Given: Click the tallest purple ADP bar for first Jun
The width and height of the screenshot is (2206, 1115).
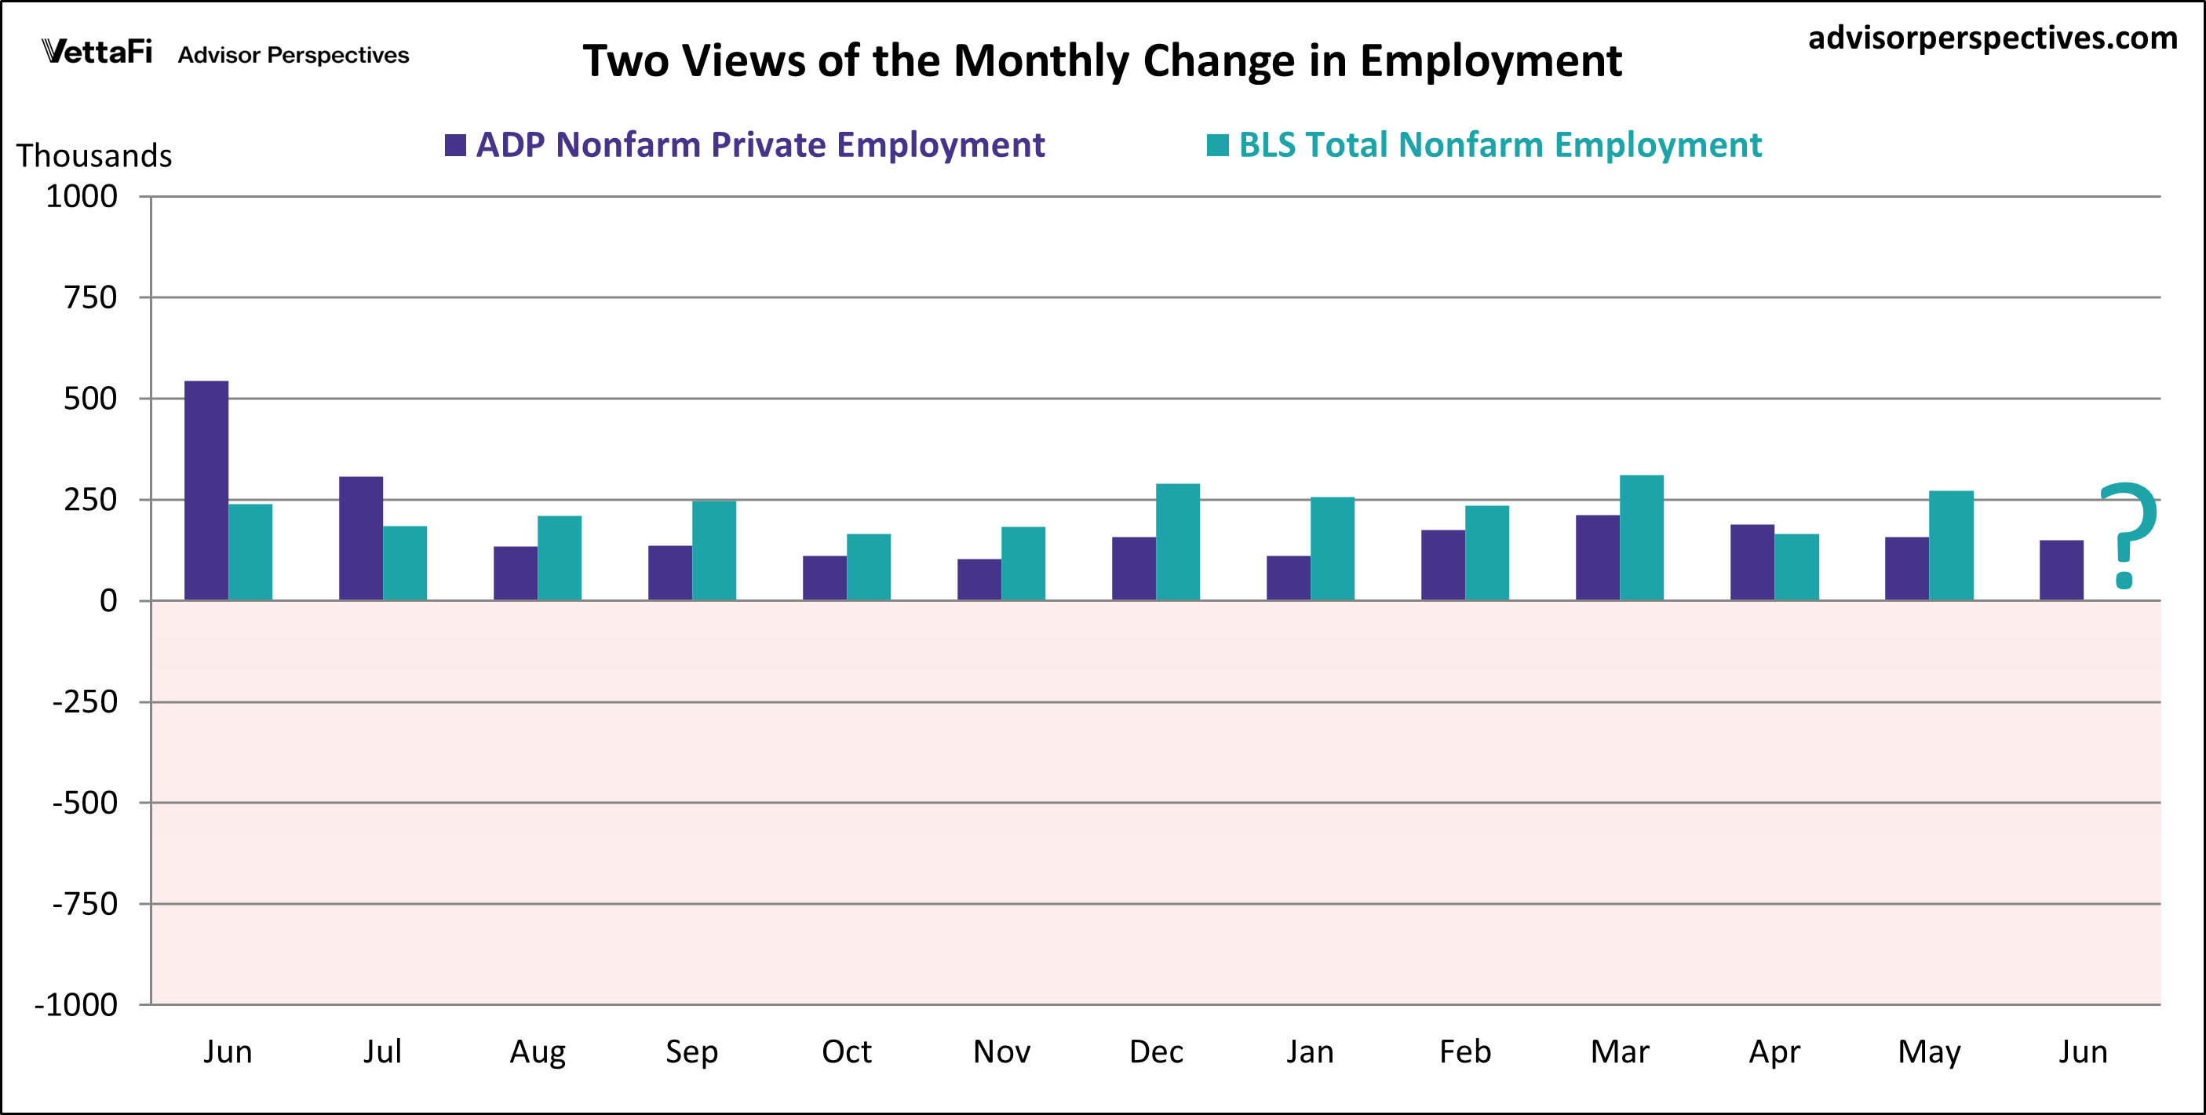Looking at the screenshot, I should coord(206,490).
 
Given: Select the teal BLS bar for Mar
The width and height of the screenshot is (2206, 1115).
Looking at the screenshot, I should coord(1642,537).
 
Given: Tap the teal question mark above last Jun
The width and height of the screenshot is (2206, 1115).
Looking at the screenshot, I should coord(2128,534).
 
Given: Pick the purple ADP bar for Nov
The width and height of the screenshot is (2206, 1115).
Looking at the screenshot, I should coord(979,580).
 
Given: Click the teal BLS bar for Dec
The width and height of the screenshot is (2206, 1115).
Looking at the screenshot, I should coord(1177,542).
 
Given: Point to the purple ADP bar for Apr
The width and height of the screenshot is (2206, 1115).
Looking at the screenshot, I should coord(1752,563).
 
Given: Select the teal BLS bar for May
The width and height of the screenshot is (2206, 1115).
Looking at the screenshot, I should coord(1951,545).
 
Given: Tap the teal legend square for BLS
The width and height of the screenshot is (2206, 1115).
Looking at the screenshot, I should coord(1217,146).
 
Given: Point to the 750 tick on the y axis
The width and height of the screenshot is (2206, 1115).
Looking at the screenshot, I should coord(91,298).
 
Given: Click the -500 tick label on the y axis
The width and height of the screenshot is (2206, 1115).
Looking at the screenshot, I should coord(86,803).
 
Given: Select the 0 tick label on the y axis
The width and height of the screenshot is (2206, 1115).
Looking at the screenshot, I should coord(108,601).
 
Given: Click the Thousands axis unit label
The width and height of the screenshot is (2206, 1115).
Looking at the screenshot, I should coord(94,156).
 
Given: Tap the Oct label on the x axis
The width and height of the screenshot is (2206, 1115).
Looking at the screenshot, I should coord(846,1051).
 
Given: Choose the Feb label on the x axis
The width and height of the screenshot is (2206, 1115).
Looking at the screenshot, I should coord(1464,1051).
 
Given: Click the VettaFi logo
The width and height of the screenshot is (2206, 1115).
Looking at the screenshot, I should coord(97,53).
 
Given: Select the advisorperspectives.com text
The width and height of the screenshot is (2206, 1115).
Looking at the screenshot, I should coord(1992,38).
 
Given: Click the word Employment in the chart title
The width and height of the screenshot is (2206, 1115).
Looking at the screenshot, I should coord(1490,62).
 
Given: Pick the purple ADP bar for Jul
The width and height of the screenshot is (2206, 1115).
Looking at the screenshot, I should coord(360,537).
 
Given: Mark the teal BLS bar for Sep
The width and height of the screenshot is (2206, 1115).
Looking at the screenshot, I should coord(713,551).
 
